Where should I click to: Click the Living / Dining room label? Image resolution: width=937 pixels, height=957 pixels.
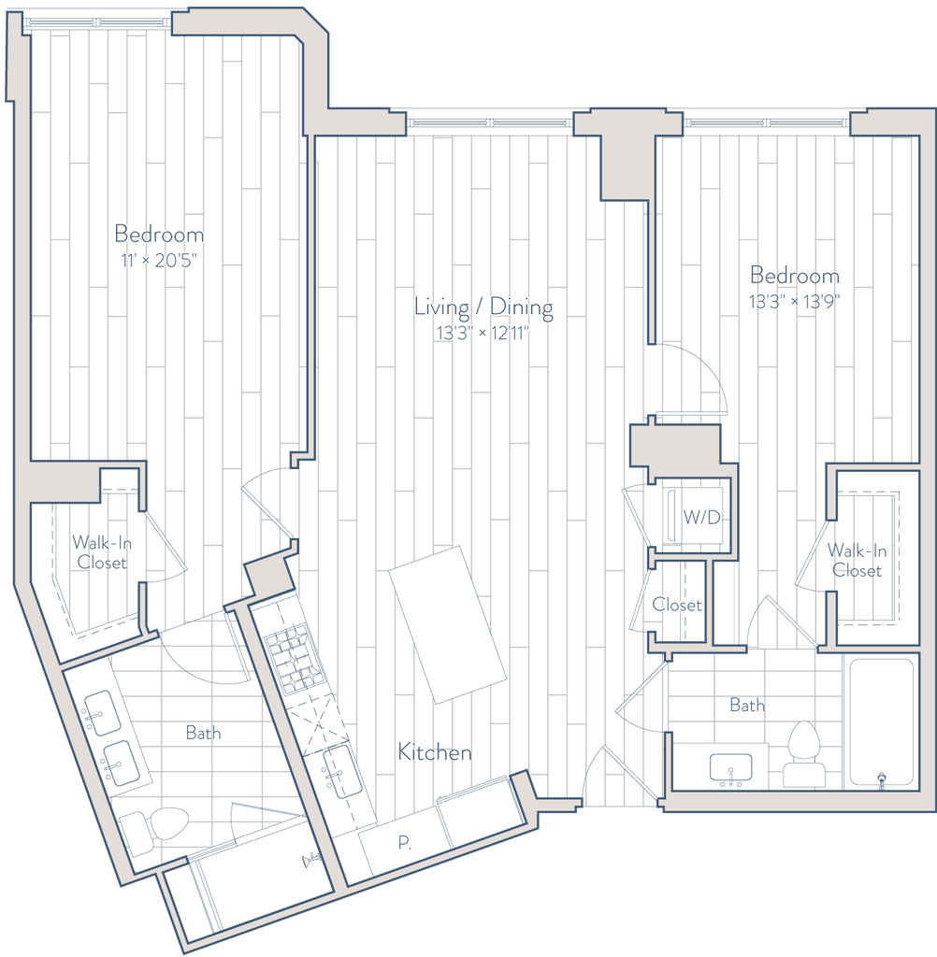click(x=485, y=307)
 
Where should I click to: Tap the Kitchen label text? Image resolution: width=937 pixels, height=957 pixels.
click(x=434, y=751)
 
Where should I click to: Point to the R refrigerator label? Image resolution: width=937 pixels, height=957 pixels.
click(x=404, y=842)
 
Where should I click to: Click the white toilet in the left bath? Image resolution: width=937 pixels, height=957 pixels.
click(x=154, y=828)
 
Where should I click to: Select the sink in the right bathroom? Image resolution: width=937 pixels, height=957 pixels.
click(x=728, y=769)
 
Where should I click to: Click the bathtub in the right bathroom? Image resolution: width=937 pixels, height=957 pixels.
click(x=879, y=723)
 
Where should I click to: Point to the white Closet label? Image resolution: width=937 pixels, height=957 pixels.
click(x=677, y=605)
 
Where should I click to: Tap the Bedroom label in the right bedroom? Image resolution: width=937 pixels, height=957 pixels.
click(x=796, y=276)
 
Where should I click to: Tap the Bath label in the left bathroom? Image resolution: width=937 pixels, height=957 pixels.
click(x=203, y=734)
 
